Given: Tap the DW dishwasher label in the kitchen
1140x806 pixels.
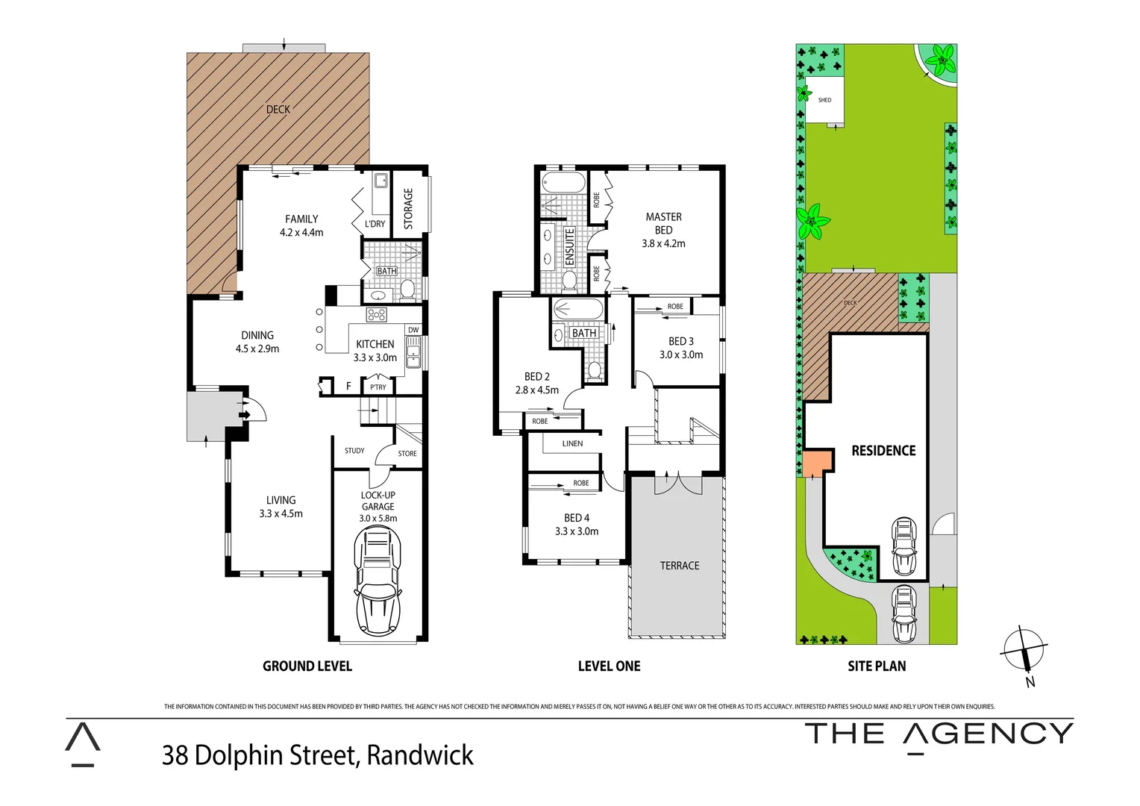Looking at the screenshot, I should [413, 330].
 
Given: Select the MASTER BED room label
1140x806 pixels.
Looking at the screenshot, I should [663, 223].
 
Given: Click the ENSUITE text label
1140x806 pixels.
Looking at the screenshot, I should [570, 247].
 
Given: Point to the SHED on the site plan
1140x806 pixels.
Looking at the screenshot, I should [824, 100].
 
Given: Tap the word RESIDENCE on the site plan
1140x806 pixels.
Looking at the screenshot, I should [883, 451].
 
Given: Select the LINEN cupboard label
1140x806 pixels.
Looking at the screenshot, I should [572, 443].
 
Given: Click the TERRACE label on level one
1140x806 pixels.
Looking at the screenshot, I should [680, 566].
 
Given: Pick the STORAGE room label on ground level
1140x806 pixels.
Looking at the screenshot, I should [408, 208].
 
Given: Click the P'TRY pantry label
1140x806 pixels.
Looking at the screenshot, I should [379, 387].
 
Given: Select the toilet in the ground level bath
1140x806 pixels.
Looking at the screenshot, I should [408, 289].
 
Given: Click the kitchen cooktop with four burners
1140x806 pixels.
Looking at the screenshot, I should [376, 314].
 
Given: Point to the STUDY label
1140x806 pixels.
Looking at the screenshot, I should [354, 451].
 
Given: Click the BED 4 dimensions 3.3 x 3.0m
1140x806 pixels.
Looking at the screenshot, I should [577, 531].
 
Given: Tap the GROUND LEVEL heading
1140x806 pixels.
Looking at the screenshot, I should [307, 666].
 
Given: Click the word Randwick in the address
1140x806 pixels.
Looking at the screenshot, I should [420, 755].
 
